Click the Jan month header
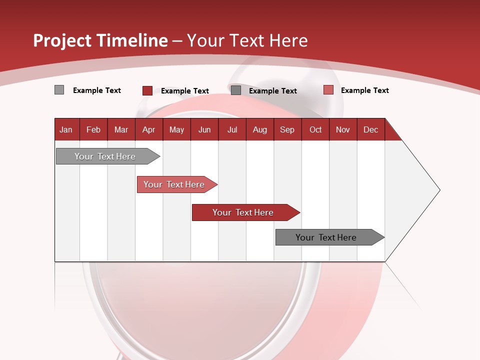point(66,129)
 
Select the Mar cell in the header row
point(121,129)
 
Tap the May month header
point(176,129)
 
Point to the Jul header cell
point(232,129)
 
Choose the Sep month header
point(287,129)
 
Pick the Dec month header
point(370,129)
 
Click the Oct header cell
point(315,129)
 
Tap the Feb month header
point(93,129)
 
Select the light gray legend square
point(59,90)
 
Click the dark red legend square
point(147,90)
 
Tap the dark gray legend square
point(236,90)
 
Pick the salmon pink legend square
point(328,90)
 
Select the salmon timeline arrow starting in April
point(175,184)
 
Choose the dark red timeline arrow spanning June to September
point(244,212)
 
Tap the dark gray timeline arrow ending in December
point(327,237)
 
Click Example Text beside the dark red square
point(184,91)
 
